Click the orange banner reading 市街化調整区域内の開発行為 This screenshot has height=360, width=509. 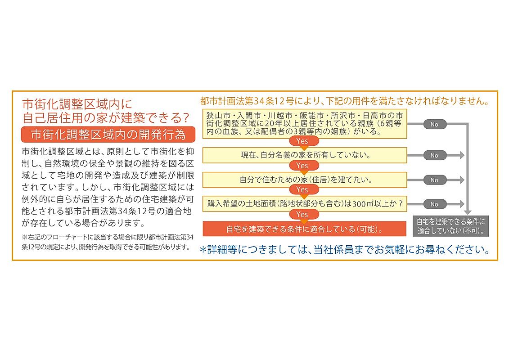[108, 135]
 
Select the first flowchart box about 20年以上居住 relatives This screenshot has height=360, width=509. [305, 124]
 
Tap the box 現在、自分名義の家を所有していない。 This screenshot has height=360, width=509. [305, 155]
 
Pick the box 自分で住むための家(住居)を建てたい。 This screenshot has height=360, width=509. [305, 180]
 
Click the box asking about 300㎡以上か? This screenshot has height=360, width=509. [305, 204]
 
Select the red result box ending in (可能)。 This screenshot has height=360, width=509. [305, 229]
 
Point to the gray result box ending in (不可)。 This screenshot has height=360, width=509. [451, 226]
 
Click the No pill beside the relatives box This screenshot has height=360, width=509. [435, 124]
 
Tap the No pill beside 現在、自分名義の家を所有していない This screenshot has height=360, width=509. [435, 156]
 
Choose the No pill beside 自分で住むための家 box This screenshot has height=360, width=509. [435, 180]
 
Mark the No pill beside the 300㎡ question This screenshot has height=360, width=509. [435, 204]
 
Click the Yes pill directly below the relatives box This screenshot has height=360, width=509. [302, 141]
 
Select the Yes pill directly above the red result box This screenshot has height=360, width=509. [302, 214]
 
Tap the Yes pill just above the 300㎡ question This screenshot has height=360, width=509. [302, 189]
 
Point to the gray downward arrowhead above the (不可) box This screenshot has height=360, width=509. [468, 212]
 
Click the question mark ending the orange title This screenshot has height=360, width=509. [186, 117]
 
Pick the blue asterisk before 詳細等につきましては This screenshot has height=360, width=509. [203, 250]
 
